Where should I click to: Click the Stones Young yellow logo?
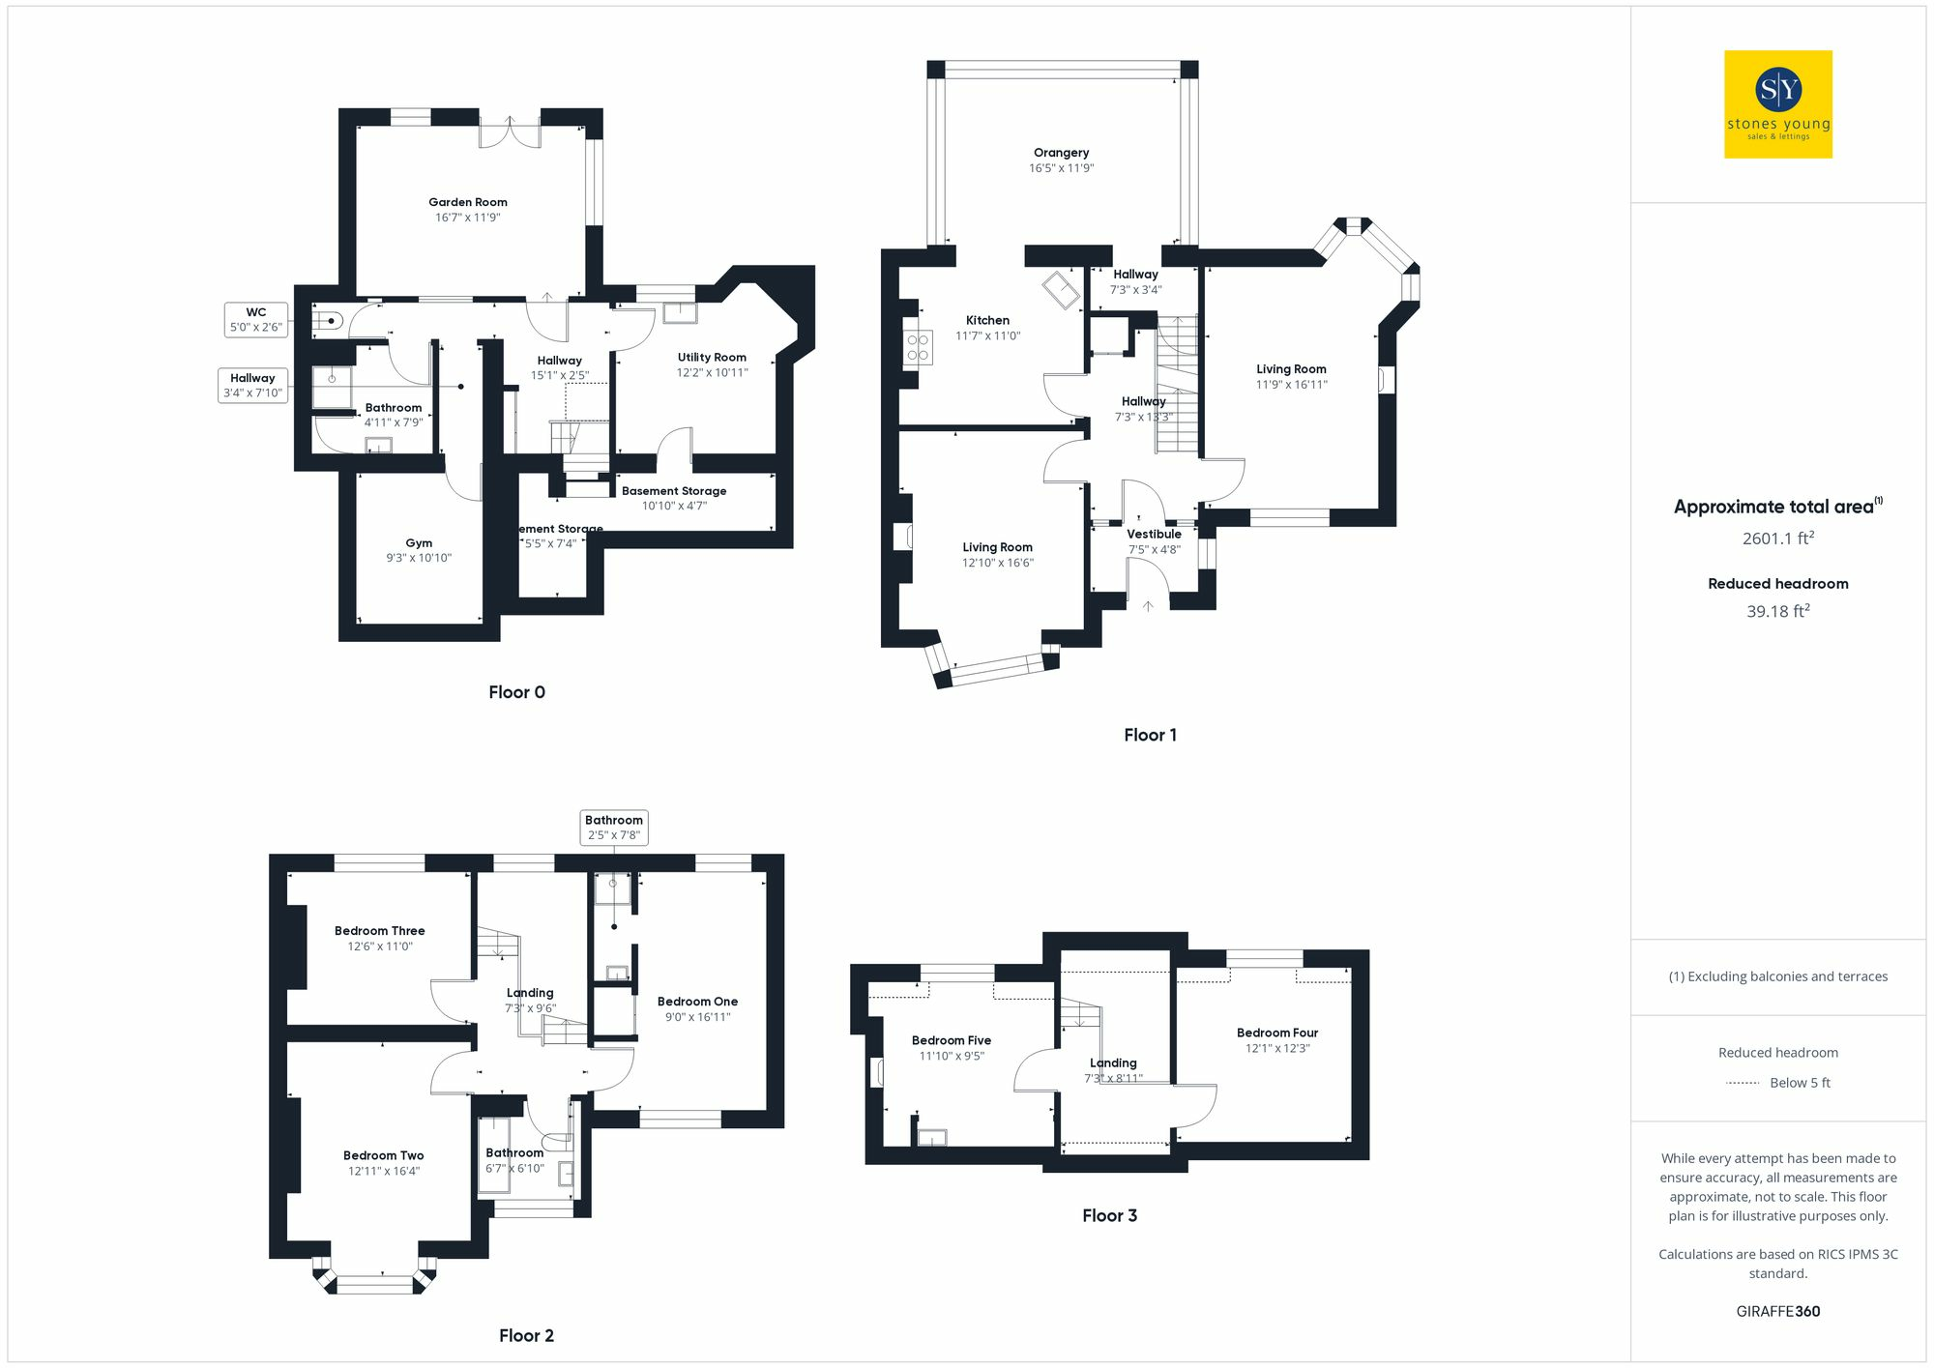click(1777, 104)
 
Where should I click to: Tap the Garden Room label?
click(468, 202)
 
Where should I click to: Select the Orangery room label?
click(1061, 153)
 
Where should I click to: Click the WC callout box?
click(256, 319)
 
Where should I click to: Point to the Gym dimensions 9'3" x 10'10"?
click(419, 558)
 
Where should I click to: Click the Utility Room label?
click(712, 358)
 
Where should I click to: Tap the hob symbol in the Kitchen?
click(918, 347)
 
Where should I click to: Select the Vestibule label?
click(1154, 534)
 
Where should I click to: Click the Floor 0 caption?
click(516, 692)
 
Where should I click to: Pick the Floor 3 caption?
click(1109, 1215)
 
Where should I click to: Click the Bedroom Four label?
click(1276, 1033)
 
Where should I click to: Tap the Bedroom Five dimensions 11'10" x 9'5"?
click(952, 1056)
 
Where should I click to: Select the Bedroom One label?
click(697, 1002)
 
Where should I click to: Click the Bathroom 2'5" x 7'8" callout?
click(614, 828)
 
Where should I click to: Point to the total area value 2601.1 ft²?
click(1777, 538)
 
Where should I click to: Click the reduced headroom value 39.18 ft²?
click(1777, 611)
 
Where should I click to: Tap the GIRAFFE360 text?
click(1777, 1311)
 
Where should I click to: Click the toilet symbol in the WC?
click(328, 320)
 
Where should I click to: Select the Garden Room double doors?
click(511, 133)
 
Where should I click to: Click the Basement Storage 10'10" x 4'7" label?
click(674, 498)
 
